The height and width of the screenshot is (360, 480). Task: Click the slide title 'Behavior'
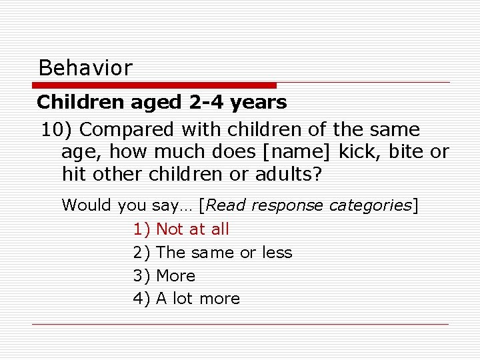(85, 67)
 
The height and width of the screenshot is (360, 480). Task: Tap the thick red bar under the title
(155, 85)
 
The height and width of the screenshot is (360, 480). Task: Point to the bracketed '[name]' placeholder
(297, 151)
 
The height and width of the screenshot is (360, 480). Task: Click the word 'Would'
(87, 205)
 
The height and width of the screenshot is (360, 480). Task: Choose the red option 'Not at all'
(192, 229)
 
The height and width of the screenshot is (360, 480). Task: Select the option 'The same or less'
(224, 253)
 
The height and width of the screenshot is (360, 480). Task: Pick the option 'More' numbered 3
(175, 276)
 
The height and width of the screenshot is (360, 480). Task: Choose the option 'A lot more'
(197, 299)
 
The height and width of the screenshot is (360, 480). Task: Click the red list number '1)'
(142, 229)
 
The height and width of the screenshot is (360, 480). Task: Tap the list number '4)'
(142, 299)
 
